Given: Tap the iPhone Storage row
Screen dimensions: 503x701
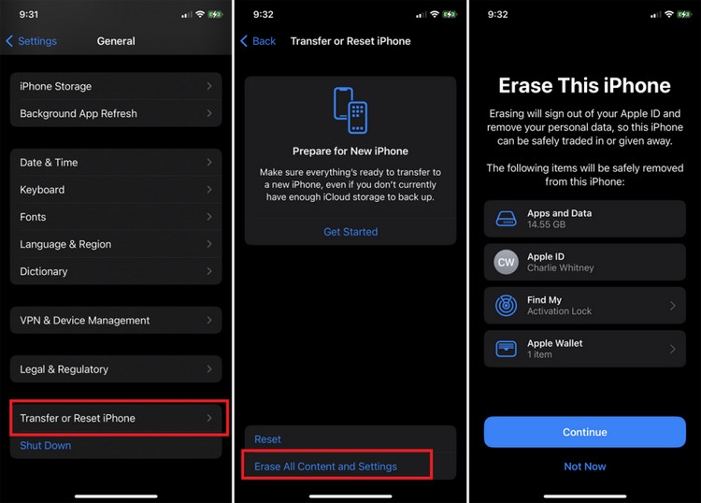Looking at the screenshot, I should [116, 86].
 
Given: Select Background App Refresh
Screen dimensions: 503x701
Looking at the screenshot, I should [116, 113].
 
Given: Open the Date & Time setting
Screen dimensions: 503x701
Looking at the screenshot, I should [116, 162].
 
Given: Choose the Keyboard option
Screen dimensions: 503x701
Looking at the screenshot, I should [116, 189].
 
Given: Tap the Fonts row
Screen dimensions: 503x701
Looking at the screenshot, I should [116, 217].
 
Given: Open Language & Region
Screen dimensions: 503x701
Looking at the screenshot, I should [116, 244].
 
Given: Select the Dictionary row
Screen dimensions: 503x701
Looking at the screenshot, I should [116, 271].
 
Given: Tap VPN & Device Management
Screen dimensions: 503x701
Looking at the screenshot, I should [116, 320].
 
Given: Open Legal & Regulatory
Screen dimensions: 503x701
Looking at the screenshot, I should [116, 369].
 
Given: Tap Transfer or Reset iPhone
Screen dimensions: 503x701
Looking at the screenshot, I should [116, 418].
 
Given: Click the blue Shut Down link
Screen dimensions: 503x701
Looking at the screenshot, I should [46, 446].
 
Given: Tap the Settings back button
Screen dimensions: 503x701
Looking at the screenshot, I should [32, 41].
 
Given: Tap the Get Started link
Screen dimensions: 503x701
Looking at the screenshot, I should [350, 232].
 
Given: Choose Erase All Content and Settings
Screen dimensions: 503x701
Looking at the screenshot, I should [326, 467].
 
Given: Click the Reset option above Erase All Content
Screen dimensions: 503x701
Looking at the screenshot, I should [268, 439].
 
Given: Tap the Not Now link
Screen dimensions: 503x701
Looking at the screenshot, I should [585, 467].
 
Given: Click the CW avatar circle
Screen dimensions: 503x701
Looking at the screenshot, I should [507, 262].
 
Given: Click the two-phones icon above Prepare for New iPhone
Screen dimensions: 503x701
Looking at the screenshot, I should [350, 110].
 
